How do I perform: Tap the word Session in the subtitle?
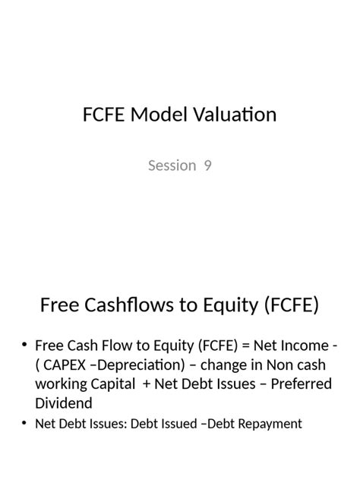[x=172, y=165]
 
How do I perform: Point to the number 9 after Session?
[x=207, y=165]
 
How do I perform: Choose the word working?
[x=62, y=384]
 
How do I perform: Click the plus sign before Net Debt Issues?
[x=146, y=384]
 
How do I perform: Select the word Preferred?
[x=296, y=384]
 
